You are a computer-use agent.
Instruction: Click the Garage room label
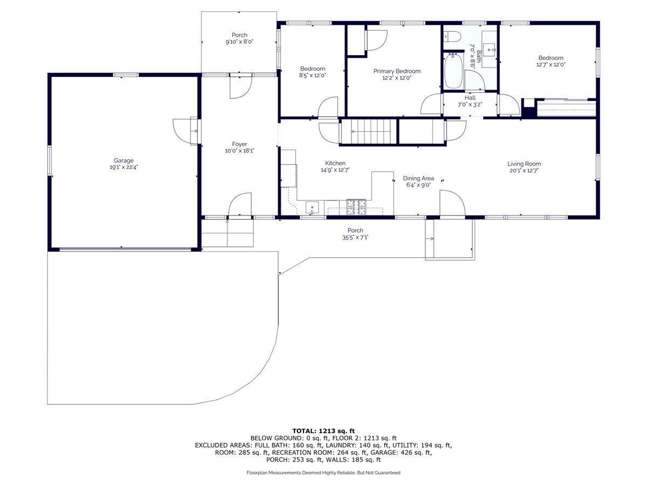click(123, 160)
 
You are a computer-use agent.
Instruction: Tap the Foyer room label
click(239, 144)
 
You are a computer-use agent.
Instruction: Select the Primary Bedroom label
click(397, 71)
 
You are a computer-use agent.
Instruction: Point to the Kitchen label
click(335, 163)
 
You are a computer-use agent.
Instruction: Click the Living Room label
click(524, 164)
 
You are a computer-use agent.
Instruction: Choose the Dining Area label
click(418, 178)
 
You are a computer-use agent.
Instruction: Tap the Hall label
click(470, 98)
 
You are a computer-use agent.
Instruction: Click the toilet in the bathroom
click(452, 37)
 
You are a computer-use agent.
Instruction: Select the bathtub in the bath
click(453, 71)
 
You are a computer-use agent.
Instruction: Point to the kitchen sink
click(312, 207)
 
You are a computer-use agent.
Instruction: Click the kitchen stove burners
click(356, 207)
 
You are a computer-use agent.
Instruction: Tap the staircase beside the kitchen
click(369, 131)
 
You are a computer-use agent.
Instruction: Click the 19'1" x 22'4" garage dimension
click(124, 167)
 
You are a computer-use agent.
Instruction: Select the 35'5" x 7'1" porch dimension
click(355, 237)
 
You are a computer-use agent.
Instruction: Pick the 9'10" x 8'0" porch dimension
click(239, 42)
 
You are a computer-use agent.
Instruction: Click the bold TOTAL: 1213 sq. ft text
click(323, 431)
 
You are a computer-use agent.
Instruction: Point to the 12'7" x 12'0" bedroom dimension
click(550, 65)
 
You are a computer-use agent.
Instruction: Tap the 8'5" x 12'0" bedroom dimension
click(312, 75)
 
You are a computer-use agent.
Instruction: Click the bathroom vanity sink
click(490, 50)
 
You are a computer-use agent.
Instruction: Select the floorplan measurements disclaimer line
click(323, 473)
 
